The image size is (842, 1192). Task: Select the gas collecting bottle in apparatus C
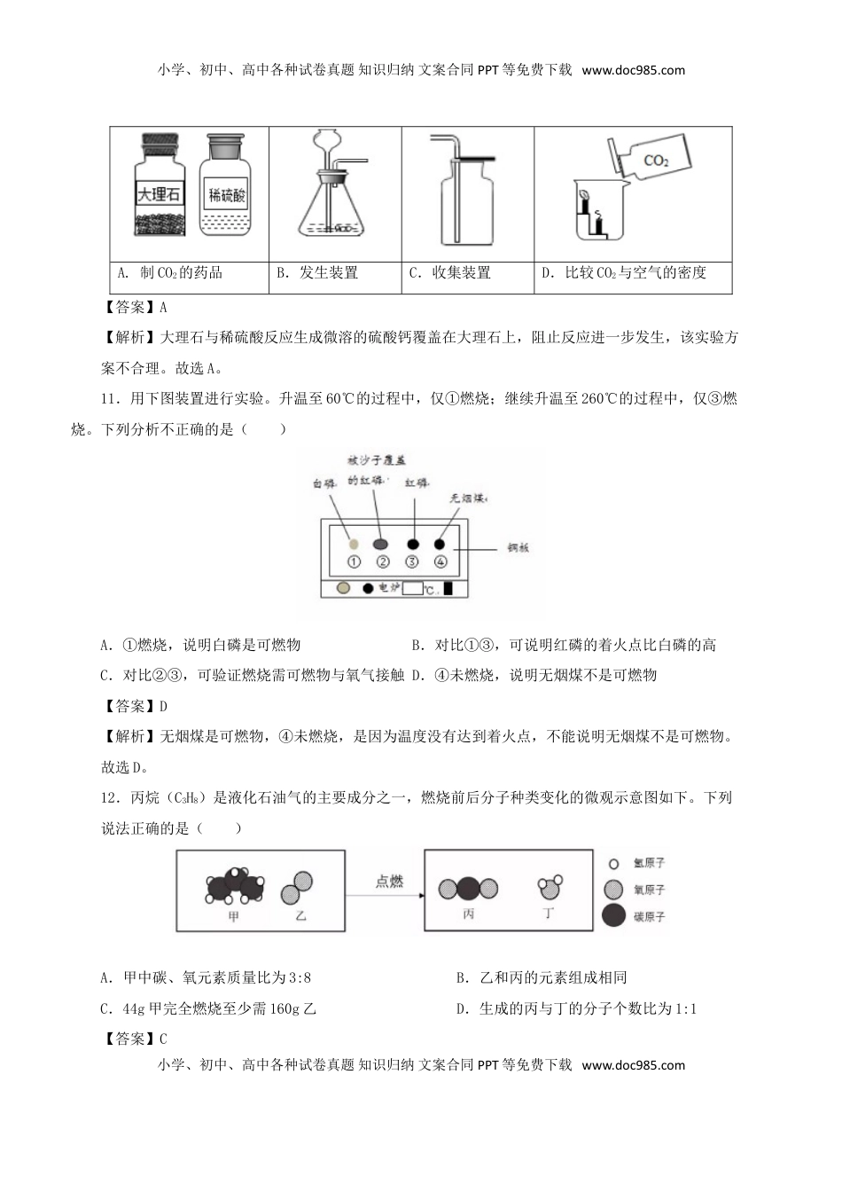click(467, 204)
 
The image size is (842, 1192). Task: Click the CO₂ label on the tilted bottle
click(656, 161)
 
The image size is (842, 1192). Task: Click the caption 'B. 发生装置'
click(317, 273)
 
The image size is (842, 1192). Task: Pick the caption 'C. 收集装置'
click(450, 273)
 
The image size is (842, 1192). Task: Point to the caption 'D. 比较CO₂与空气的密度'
click(624, 273)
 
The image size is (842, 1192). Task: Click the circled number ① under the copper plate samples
click(354, 561)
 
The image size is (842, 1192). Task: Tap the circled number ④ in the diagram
click(440, 561)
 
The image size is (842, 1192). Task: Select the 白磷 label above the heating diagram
click(324, 484)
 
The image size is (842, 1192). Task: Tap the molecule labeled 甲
click(235, 887)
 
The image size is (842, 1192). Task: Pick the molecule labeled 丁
click(550, 887)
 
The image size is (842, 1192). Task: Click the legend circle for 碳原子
click(613, 917)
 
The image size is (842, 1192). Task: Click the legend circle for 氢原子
click(613, 863)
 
